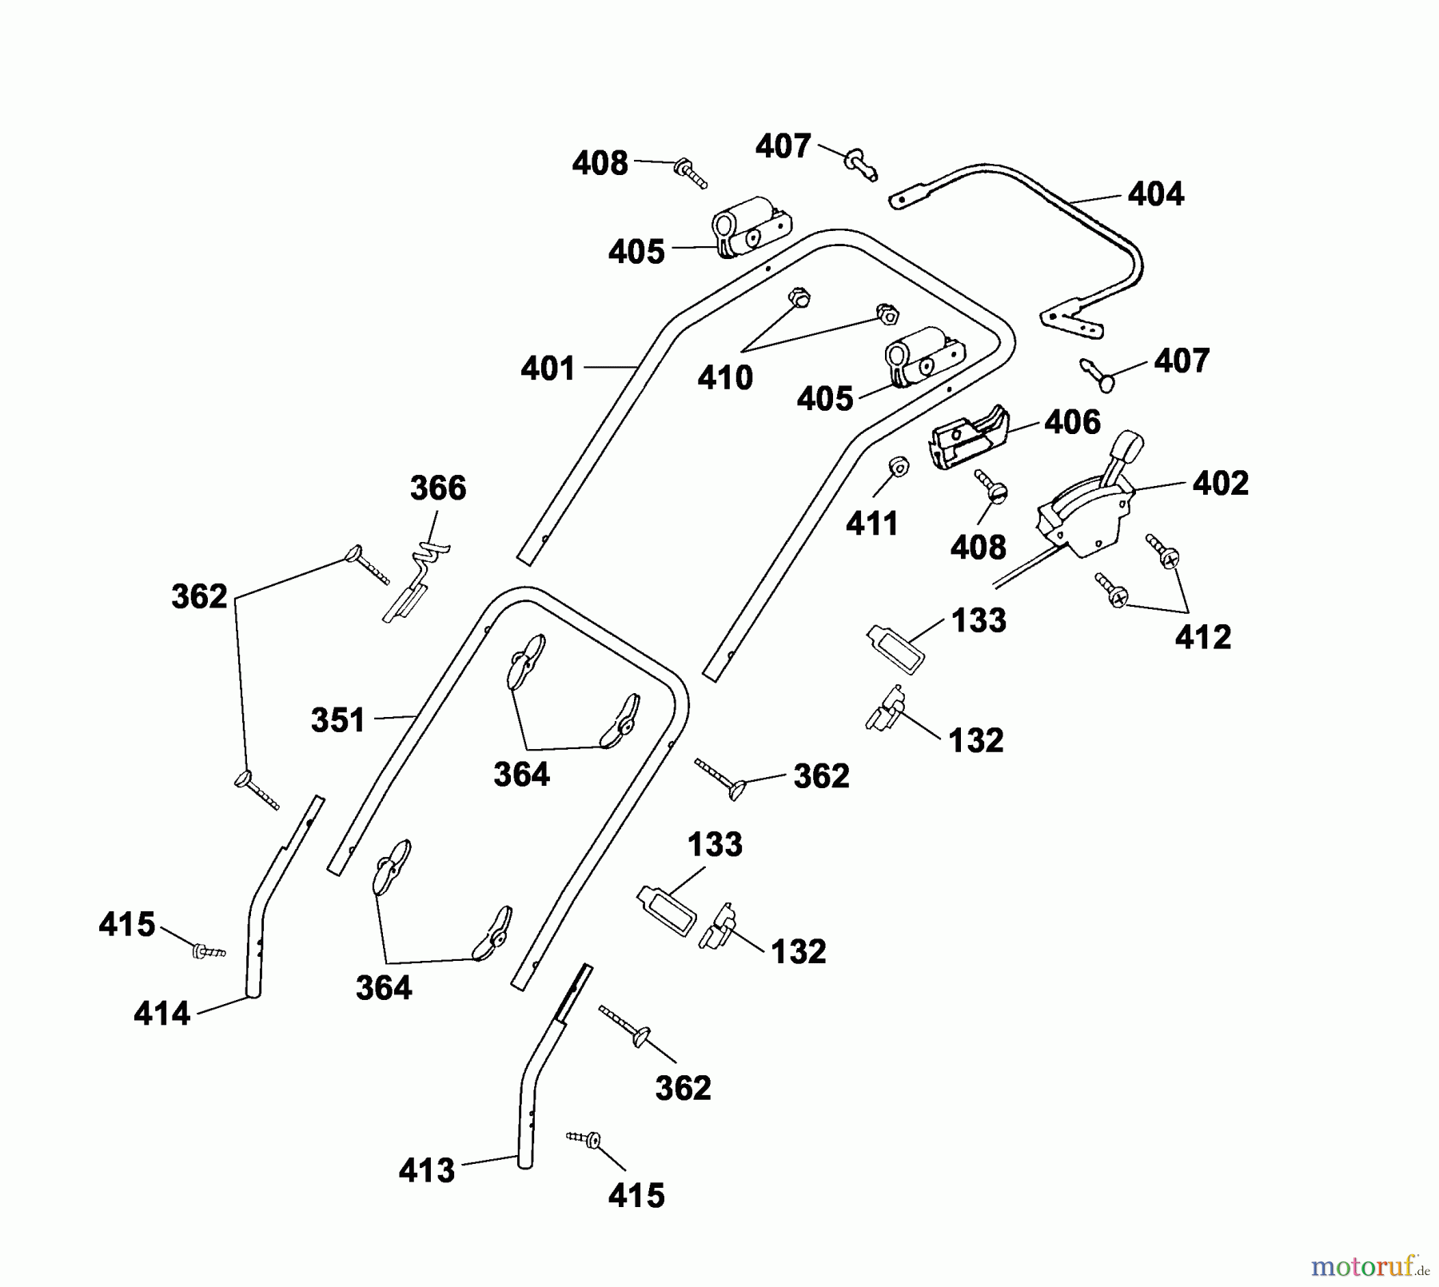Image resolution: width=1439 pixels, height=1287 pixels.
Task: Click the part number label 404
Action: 1156,193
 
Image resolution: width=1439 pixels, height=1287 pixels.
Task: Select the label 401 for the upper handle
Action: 548,369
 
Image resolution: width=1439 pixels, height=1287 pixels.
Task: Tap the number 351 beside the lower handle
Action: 338,720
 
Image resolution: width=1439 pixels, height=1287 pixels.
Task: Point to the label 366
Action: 438,488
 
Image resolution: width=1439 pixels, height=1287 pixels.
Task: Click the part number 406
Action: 1073,421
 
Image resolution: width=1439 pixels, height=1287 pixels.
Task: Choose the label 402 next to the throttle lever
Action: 1221,483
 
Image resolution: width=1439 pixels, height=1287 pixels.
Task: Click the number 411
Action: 872,524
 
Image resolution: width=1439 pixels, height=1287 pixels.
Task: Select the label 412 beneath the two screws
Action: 1203,637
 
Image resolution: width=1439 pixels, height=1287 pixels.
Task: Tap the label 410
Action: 725,377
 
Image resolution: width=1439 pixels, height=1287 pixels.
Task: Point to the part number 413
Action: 427,1171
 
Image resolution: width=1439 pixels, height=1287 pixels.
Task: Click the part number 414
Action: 162,1014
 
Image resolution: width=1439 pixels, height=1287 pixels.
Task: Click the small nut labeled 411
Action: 899,465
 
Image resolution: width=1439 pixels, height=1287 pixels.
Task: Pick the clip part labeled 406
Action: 969,436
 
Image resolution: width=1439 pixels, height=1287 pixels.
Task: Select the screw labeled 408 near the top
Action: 691,173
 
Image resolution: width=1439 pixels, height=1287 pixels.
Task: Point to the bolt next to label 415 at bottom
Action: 584,1139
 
